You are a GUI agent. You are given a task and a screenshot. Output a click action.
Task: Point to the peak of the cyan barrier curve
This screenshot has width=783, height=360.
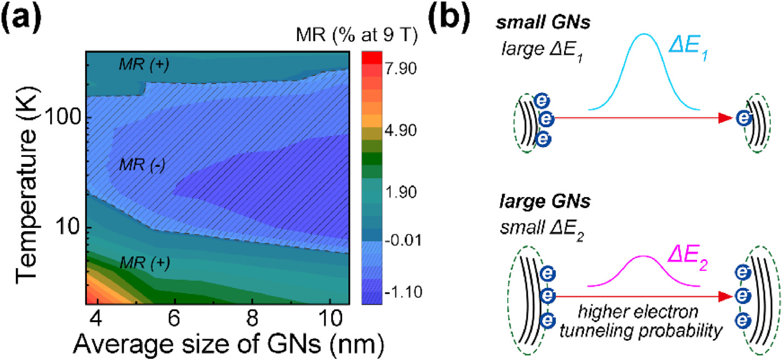click(x=643, y=34)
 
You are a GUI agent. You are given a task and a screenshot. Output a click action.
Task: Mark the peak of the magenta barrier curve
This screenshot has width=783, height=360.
click(x=643, y=256)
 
